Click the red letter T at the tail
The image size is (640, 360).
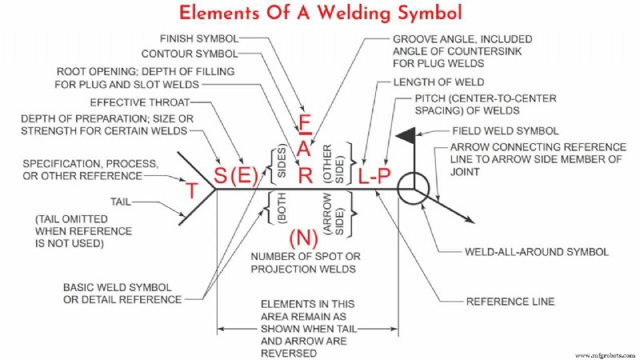(192, 190)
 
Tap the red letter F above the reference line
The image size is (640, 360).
(304, 124)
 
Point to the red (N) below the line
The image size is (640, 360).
(302, 237)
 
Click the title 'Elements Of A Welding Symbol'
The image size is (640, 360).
(320, 14)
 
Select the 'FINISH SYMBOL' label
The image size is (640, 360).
(199, 38)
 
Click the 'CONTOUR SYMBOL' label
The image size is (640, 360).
(189, 54)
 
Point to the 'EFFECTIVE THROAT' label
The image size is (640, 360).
(139, 102)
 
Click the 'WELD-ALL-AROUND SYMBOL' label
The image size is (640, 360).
(537, 251)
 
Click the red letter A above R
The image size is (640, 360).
(304, 150)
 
